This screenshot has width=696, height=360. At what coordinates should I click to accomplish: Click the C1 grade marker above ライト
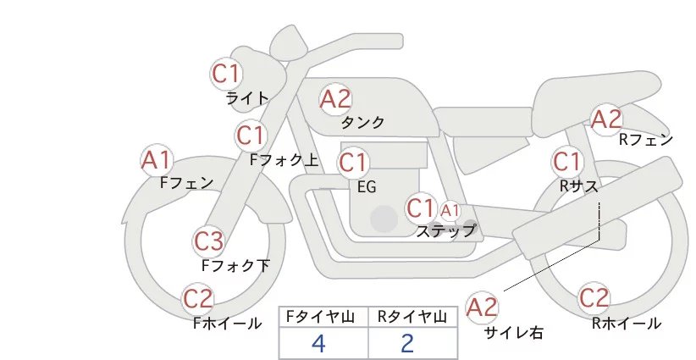click(x=226, y=74)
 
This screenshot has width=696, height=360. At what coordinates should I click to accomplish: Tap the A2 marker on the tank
click(x=335, y=99)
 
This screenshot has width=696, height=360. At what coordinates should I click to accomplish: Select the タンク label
click(x=362, y=123)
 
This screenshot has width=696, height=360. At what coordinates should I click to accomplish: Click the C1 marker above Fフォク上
click(x=251, y=136)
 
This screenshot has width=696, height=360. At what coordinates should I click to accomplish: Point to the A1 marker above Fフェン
click(x=157, y=160)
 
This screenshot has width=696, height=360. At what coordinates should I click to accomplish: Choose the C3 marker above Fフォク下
click(x=208, y=241)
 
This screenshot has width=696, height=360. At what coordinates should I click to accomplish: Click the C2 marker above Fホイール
click(x=198, y=298)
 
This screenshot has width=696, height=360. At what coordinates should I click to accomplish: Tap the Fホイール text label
click(x=227, y=324)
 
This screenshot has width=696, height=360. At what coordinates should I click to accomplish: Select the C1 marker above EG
click(x=353, y=163)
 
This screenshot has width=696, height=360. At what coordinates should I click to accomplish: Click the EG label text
click(x=367, y=187)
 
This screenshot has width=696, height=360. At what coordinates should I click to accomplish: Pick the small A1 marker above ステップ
click(x=450, y=211)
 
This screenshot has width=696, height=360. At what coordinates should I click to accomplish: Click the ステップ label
click(x=445, y=231)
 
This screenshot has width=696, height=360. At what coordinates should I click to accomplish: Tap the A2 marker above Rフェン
click(x=606, y=119)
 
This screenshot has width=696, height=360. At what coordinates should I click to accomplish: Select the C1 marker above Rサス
click(x=566, y=161)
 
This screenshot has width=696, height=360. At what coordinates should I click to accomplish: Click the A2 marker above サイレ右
click(x=482, y=307)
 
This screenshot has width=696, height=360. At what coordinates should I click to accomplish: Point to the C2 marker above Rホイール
click(x=594, y=298)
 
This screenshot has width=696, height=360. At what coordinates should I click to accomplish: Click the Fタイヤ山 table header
click(x=320, y=317)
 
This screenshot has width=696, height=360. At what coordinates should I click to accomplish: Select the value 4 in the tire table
click(x=318, y=343)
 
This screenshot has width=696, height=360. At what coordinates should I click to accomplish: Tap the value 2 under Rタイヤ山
click(x=407, y=343)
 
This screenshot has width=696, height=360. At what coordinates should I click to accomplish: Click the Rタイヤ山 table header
click(x=412, y=317)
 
